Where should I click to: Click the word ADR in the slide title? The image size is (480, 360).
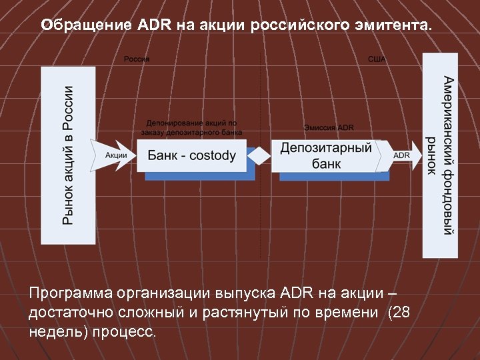pos(155,25)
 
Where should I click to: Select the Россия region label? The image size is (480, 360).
pos(137,59)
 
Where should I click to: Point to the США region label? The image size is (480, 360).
pos(377,59)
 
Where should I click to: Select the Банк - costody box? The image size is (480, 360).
pos(192,156)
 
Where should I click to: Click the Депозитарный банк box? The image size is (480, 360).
pos(325,155)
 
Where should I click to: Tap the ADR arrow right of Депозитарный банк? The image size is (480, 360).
pos(402,155)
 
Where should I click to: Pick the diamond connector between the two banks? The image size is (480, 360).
pos(259,156)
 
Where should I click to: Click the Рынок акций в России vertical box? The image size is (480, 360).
pos(68,155)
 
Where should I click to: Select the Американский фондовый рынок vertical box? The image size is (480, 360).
pos(441,155)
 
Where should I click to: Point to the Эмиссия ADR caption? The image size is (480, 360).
pos(329,127)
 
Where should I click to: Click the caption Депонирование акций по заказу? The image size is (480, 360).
pos(191,123)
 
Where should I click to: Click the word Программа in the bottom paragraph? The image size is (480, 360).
pos(71,293)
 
